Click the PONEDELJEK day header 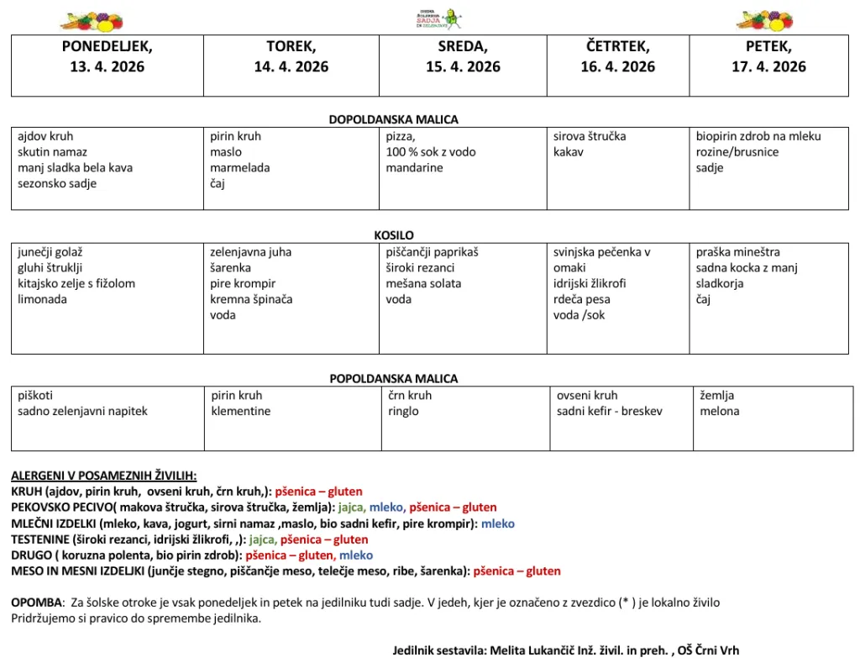(x=107, y=47)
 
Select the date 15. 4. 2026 (x=463, y=67)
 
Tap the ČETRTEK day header (x=617, y=47)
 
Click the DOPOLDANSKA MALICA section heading (x=394, y=120)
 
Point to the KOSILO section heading (x=394, y=236)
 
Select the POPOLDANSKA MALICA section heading (x=394, y=379)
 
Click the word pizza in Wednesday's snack (x=400, y=137)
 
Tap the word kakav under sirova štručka (x=568, y=153)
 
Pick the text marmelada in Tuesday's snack (x=240, y=168)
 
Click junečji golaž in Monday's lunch (x=50, y=252)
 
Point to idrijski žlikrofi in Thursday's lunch (x=590, y=284)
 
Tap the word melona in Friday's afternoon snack (x=720, y=412)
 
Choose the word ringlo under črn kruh (x=403, y=412)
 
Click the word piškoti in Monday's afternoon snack (x=35, y=396)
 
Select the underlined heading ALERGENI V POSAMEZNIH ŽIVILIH (x=103, y=476)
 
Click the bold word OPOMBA (x=37, y=603)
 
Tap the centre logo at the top (x=438, y=18)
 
